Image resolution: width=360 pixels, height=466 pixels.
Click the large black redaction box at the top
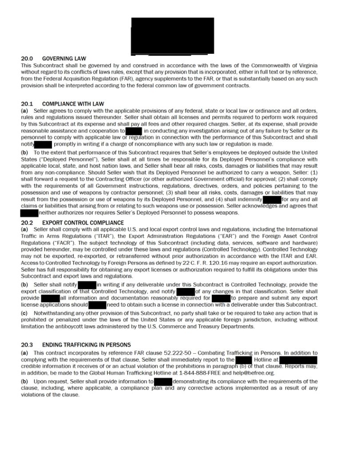tap(172, 36)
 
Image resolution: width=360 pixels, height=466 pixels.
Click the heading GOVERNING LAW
tap(64, 59)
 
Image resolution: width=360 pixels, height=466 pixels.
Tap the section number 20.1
tap(27, 104)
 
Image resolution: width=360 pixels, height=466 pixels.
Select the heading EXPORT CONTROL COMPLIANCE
tap(83, 222)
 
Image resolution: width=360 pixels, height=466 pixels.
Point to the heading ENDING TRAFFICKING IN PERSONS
tap(86, 344)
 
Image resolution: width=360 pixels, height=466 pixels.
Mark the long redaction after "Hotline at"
tap(298, 359)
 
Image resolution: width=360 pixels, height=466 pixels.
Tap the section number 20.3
tap(27, 344)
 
